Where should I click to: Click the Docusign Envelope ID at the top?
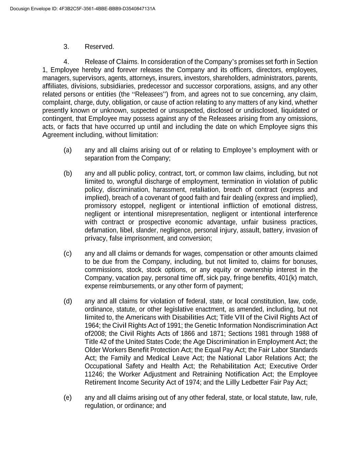pos(83,9)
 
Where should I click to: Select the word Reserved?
pos(99,47)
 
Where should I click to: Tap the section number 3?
pos(66,47)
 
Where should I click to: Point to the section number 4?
pos(66,62)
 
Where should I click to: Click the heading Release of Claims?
pos(112,62)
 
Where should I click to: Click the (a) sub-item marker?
pos(68,150)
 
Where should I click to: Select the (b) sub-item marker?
pos(68,173)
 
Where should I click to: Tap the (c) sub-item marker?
pos(68,253)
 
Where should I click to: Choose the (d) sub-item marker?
pos(68,301)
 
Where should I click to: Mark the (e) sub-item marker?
pos(68,397)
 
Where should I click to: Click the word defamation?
pos(99,230)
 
